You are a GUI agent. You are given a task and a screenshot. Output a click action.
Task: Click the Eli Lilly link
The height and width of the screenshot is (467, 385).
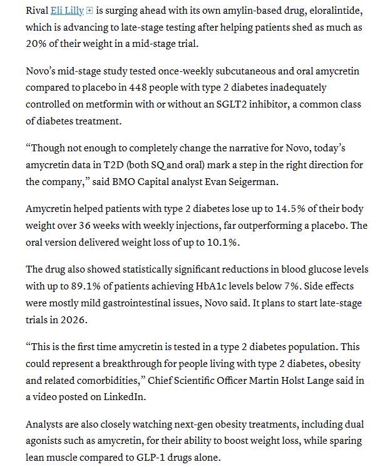click(66, 11)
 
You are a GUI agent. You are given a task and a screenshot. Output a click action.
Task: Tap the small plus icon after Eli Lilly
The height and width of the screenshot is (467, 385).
click(90, 11)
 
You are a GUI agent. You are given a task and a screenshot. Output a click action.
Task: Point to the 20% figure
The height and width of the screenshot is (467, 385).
click(37, 43)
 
